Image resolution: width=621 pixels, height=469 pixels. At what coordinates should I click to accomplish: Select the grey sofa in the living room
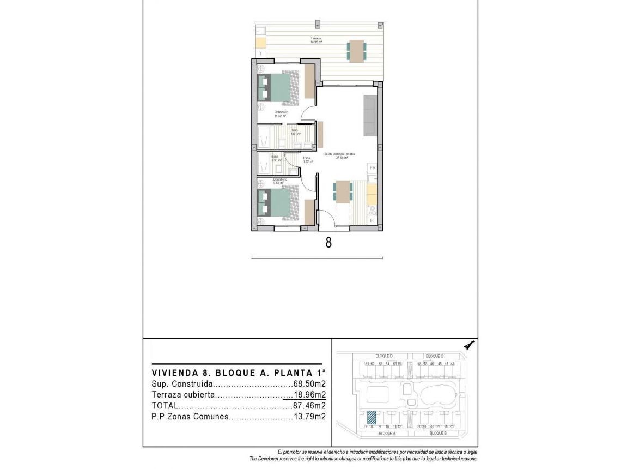pos(370,116)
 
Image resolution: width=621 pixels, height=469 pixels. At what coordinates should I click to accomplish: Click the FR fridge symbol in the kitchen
pos(373,168)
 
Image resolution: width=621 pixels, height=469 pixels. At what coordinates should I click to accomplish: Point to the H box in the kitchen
pos(372,220)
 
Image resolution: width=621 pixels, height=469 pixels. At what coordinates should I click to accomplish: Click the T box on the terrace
pos(261,53)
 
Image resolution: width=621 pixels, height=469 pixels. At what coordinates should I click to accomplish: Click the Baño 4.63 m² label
pos(294,131)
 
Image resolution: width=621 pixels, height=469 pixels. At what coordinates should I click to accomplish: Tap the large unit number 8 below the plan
pos(328,242)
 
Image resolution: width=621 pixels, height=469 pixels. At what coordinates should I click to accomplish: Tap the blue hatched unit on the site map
pos(371,417)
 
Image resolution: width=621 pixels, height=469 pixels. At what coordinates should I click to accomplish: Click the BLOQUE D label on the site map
pos(385,356)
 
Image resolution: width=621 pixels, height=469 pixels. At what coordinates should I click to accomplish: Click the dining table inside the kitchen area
pos(343,191)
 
